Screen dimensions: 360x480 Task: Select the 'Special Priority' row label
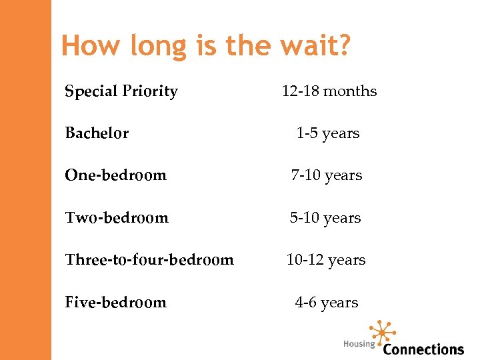pos(121,91)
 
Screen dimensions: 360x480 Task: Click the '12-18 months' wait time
pos(329,91)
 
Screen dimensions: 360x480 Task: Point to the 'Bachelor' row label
pos(97,133)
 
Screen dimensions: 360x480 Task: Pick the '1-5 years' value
pos(327,133)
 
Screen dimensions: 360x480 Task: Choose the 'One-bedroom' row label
pos(115,175)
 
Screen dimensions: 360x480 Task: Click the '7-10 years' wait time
pos(326,175)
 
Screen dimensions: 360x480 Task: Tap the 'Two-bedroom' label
pos(117,218)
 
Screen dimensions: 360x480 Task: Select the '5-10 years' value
pos(325,218)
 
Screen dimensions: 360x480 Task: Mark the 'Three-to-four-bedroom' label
pos(149,260)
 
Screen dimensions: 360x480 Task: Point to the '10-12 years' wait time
pos(326,260)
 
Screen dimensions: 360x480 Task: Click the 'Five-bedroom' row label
pos(115,303)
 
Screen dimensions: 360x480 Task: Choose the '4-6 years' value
pos(327,303)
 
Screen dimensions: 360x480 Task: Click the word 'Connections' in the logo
pos(423,349)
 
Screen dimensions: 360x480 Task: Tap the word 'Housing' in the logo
pos(359,344)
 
